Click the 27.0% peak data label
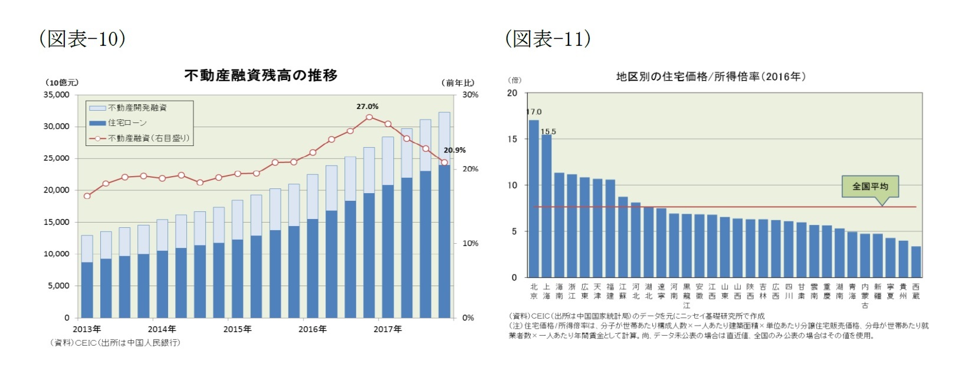[x=367, y=107]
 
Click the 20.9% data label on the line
[x=454, y=150]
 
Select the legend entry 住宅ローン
[x=127, y=122]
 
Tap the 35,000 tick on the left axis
[x=57, y=95]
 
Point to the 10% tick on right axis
[x=470, y=243]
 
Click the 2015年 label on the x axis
[x=237, y=329]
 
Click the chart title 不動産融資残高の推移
[x=261, y=75]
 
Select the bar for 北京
[x=534, y=198]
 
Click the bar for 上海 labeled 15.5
[x=547, y=205]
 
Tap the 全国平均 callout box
[x=870, y=186]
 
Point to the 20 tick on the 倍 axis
[x=512, y=93]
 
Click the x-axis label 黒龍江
[x=687, y=296]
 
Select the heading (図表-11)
[x=547, y=38]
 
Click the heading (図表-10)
[x=82, y=38]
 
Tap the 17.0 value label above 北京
[x=534, y=112]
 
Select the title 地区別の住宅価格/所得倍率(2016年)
[x=710, y=77]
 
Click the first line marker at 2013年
[x=87, y=195]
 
